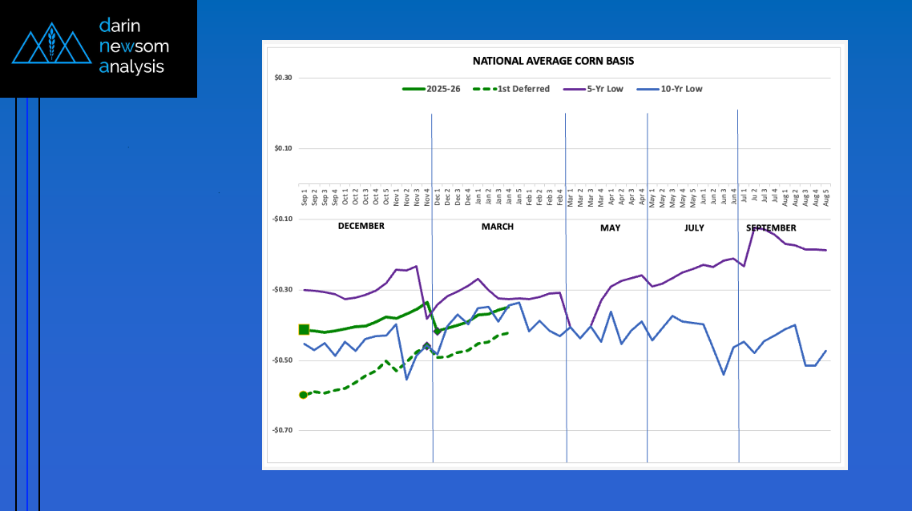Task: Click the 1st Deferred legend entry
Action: point(523,89)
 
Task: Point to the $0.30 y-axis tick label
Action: point(282,78)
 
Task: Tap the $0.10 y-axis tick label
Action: point(282,148)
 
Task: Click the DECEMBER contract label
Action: point(361,226)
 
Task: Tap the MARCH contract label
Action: point(497,227)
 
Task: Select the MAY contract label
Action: point(610,228)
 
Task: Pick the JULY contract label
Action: point(694,228)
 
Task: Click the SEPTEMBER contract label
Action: point(771,228)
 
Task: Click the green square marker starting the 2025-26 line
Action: point(304,329)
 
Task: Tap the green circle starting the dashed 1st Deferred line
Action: point(303,395)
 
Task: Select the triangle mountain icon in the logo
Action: point(51,47)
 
